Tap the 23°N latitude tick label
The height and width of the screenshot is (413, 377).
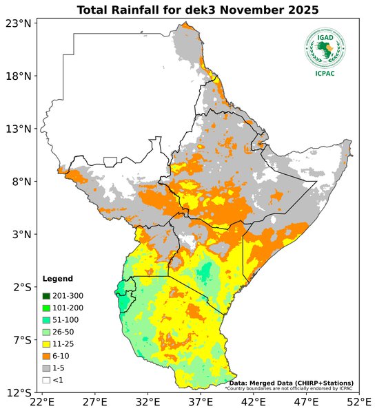point(19,23)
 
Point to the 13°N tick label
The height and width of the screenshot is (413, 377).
point(19,129)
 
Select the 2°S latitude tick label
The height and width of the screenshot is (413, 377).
point(21,287)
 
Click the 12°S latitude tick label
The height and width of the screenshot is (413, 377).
point(19,393)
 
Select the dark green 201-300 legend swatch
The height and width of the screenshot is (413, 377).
point(46,296)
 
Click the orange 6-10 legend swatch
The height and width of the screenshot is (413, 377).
point(46,357)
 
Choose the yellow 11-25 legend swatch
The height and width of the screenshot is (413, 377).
point(46,345)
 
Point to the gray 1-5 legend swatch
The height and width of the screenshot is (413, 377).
point(46,368)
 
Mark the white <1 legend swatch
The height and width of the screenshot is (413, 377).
point(46,380)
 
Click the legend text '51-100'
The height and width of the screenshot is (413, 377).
point(66,320)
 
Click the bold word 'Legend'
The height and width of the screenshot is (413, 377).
point(57,279)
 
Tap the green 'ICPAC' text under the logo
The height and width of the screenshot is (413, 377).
point(325,74)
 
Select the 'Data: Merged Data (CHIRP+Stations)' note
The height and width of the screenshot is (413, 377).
point(291,383)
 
